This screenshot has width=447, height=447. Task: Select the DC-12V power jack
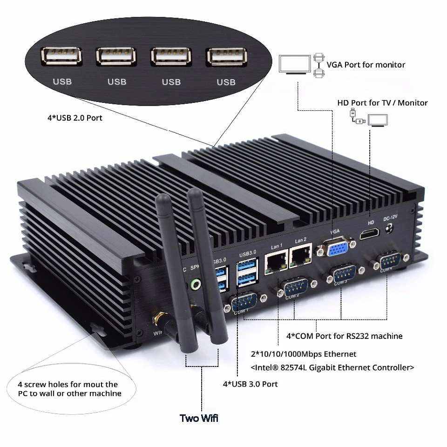coord(390,229)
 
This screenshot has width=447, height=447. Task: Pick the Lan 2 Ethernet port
coord(300,257)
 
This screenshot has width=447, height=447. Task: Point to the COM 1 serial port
coord(244,303)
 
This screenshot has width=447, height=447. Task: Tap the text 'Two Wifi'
coord(199,418)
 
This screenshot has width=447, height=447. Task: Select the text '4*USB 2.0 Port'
coord(74,118)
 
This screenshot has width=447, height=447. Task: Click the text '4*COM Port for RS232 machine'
coord(344,336)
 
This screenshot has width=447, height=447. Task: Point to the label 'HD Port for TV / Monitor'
coord(382,102)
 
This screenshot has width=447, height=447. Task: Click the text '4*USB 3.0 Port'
coord(250,384)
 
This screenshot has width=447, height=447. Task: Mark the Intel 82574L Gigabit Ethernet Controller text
coord(332,368)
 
